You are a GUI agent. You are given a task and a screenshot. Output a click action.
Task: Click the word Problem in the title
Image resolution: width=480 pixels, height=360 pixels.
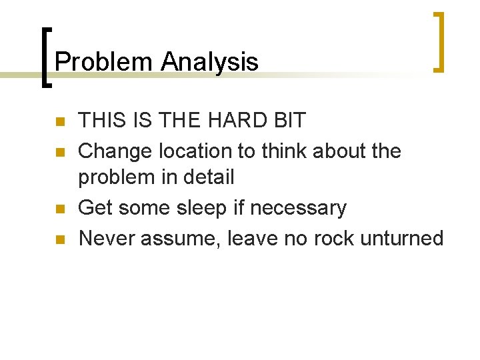pos(104,62)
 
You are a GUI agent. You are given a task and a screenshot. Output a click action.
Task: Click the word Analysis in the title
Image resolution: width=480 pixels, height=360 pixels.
pos(209,62)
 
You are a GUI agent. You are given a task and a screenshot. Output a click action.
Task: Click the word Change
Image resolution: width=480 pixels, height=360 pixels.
pos(115,151)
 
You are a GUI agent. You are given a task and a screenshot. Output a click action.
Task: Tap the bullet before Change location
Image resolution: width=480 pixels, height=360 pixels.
pos(59,152)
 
